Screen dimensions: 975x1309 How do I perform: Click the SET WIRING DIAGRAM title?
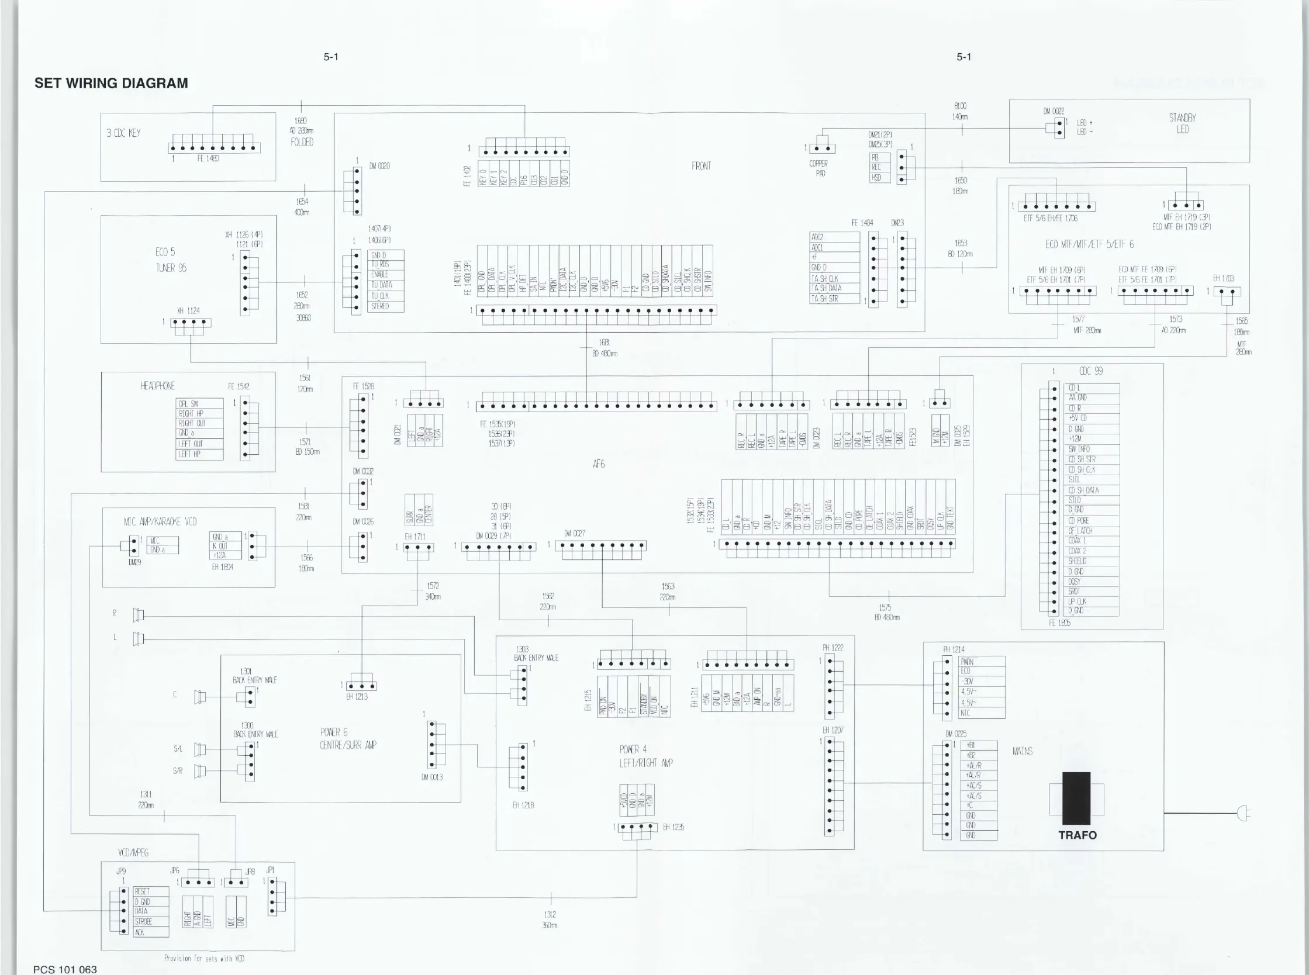111,83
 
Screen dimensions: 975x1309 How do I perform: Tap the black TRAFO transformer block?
1076,798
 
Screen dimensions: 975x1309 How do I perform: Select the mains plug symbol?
1243,814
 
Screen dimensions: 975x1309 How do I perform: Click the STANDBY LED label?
1182,123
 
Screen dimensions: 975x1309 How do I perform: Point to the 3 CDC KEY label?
123,133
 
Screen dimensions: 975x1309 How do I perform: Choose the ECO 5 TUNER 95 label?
171,260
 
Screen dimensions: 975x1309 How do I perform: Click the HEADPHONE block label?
157,386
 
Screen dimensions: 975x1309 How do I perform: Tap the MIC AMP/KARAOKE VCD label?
160,522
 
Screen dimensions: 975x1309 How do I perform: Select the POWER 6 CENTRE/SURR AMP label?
348,739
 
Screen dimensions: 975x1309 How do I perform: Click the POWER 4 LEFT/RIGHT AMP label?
645,756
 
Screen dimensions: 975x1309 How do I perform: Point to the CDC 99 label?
1090,371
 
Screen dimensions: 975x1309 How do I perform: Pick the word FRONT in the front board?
701,166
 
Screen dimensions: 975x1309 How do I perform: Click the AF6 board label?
599,465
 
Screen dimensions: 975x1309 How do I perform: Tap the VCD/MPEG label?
133,853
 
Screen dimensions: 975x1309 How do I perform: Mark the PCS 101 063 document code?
65,970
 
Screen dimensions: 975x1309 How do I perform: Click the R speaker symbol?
138,615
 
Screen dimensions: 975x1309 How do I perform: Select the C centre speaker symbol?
200,697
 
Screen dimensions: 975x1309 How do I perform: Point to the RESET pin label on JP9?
142,891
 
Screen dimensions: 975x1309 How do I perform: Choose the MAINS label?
1022,751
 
